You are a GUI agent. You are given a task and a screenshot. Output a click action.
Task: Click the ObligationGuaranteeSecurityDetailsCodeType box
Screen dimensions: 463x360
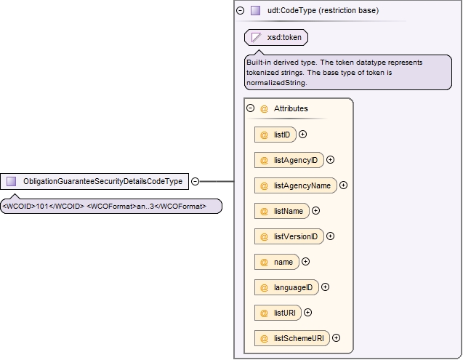tap(94, 181)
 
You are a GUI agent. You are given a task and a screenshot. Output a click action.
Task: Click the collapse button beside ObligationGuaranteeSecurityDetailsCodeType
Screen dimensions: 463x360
tap(196, 181)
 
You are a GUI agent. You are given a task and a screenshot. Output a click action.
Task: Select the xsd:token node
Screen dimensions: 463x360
tap(276, 38)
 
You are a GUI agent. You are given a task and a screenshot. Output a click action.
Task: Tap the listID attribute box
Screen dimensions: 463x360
tap(275, 135)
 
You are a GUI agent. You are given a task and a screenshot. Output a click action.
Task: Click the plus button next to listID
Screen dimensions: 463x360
tap(302, 135)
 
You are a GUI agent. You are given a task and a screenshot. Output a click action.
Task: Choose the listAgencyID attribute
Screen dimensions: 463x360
tap(289, 160)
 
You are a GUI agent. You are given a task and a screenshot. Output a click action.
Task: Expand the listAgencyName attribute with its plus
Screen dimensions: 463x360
tap(343, 185)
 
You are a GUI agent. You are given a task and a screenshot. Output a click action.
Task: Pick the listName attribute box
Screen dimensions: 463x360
tap(282, 211)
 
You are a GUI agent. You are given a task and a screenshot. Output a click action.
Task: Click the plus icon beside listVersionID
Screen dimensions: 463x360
tap(331, 236)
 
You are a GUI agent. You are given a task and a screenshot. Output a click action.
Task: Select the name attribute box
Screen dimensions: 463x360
tap(277, 262)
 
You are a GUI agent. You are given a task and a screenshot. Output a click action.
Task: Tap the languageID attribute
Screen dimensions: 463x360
tap(286, 287)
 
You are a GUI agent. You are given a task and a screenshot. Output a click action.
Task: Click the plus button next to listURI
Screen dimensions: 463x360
tap(307, 313)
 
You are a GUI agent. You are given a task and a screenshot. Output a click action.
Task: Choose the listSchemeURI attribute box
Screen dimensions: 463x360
tap(292, 338)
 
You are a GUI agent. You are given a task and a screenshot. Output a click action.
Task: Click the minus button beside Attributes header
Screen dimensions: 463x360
tap(250, 108)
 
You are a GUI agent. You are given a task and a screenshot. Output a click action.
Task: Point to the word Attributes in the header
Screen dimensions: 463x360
tap(291, 108)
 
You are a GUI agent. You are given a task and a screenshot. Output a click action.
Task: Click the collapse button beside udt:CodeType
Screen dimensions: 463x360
tap(241, 11)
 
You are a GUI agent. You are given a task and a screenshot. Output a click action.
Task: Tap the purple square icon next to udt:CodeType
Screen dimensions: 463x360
tap(255, 11)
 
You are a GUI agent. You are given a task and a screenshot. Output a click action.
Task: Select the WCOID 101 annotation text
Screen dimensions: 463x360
tap(44, 206)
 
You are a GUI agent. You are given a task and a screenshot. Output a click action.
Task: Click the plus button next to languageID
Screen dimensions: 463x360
tap(325, 287)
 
